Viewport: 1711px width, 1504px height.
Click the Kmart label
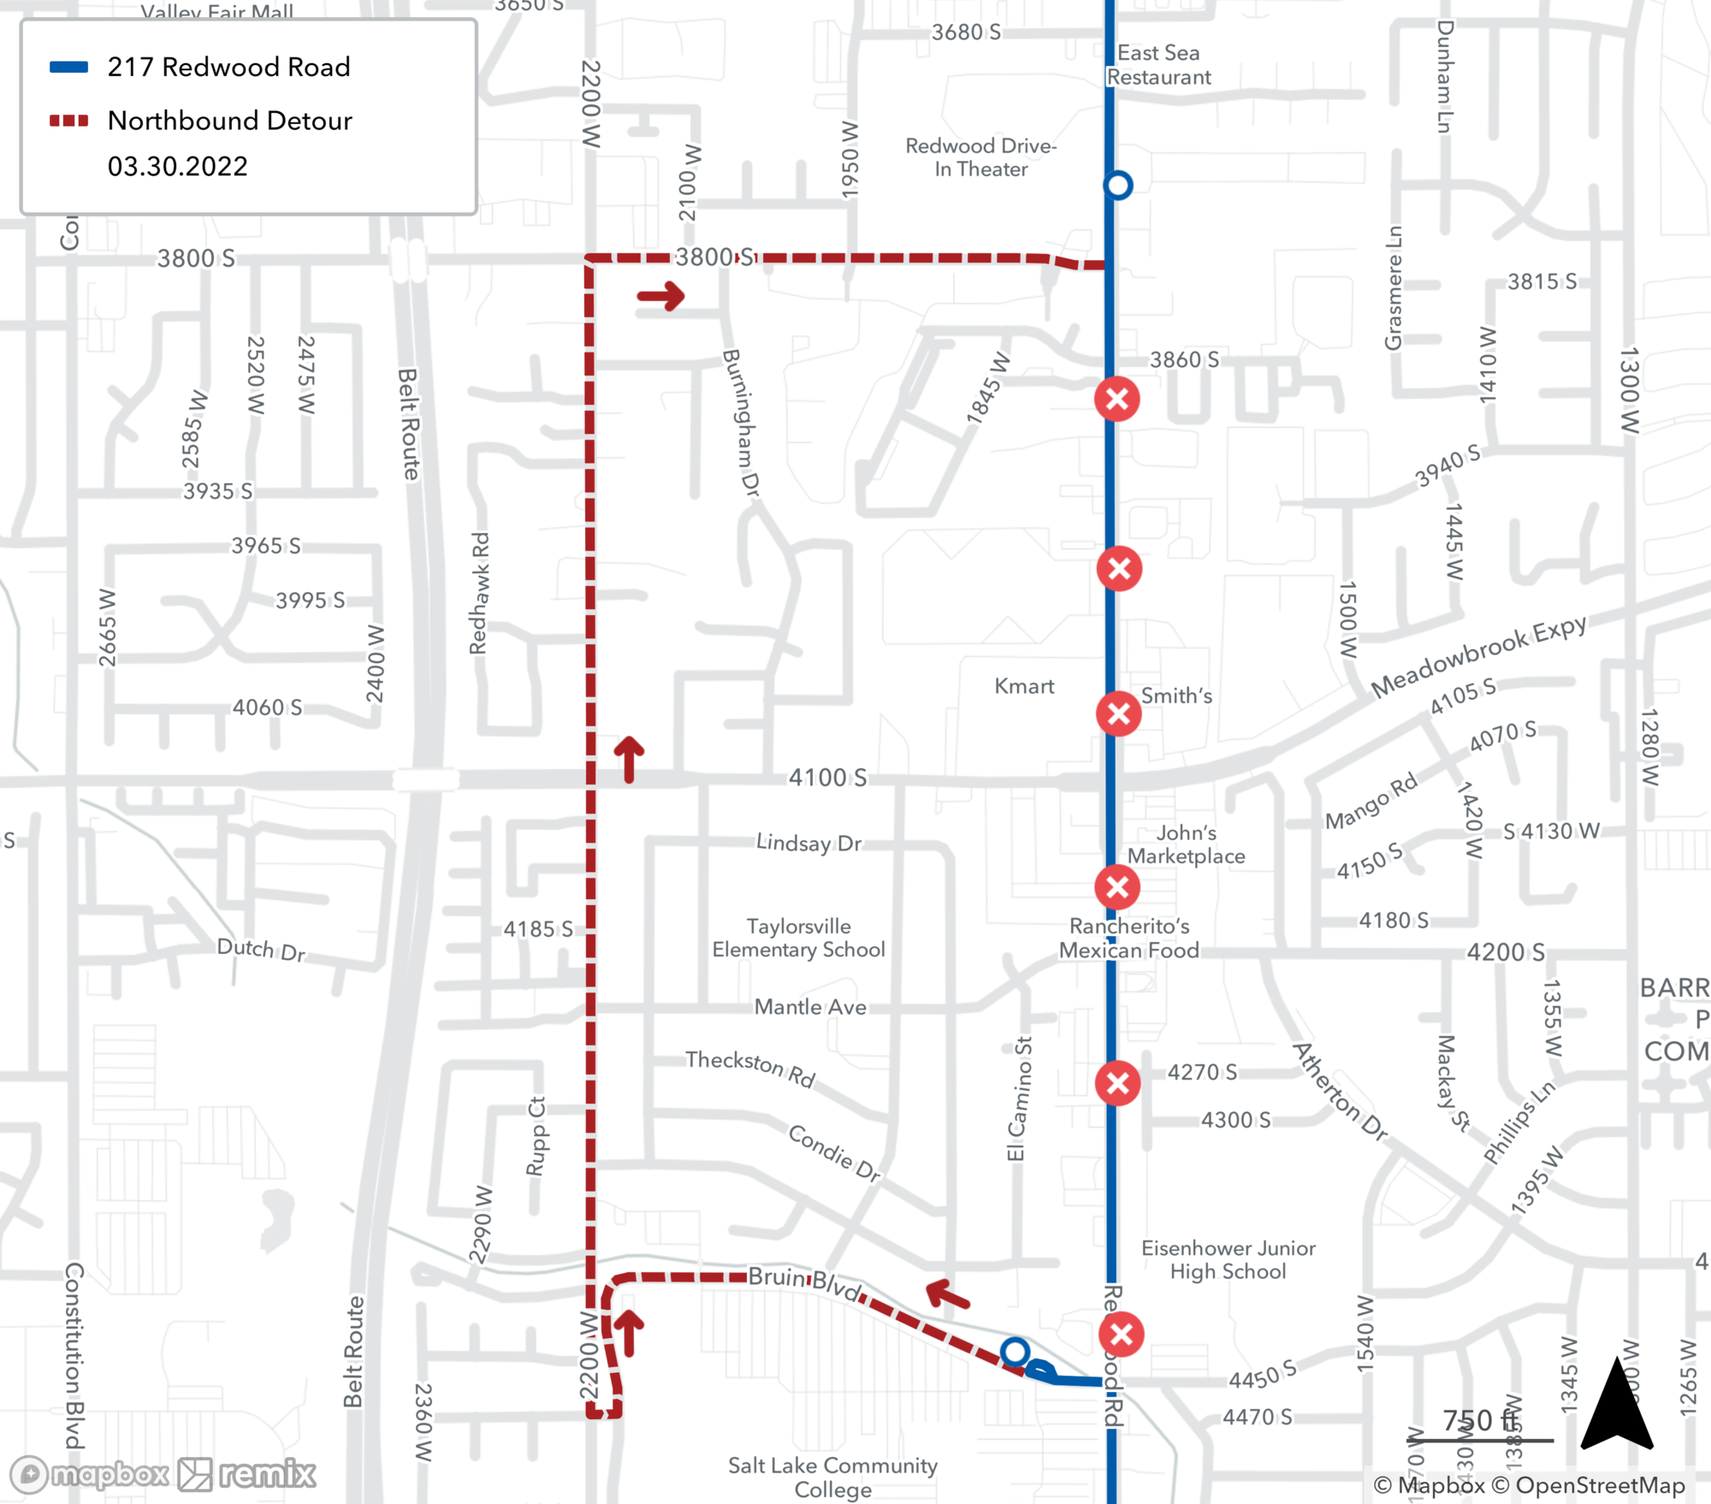coord(1024,686)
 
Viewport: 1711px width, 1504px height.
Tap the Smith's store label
coord(1176,696)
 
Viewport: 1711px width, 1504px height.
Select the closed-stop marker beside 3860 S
coord(1117,399)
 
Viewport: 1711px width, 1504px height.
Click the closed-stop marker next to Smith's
coord(1118,714)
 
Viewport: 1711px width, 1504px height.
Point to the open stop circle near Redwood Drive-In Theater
coord(1118,185)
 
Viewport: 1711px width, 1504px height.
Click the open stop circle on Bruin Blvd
coord(1015,1352)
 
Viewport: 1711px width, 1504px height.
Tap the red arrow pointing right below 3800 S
coord(661,297)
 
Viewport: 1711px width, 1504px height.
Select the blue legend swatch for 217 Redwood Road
coord(69,67)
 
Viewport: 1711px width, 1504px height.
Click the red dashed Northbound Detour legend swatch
coord(69,121)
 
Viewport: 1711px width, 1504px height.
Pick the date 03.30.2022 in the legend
coord(178,166)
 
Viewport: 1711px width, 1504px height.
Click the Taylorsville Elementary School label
coord(798,938)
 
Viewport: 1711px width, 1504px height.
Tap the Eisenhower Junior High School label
coord(1228,1259)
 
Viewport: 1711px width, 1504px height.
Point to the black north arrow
coord(1616,1404)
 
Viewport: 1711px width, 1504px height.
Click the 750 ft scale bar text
coord(1480,1421)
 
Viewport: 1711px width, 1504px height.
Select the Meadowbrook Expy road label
coord(1478,655)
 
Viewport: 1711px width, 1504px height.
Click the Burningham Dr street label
coord(741,423)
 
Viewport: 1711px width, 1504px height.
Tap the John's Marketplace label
coord(1186,844)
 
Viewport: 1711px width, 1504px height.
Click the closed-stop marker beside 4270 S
coord(1117,1083)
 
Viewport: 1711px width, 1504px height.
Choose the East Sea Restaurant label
coord(1158,65)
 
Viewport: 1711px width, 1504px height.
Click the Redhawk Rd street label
coord(479,593)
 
